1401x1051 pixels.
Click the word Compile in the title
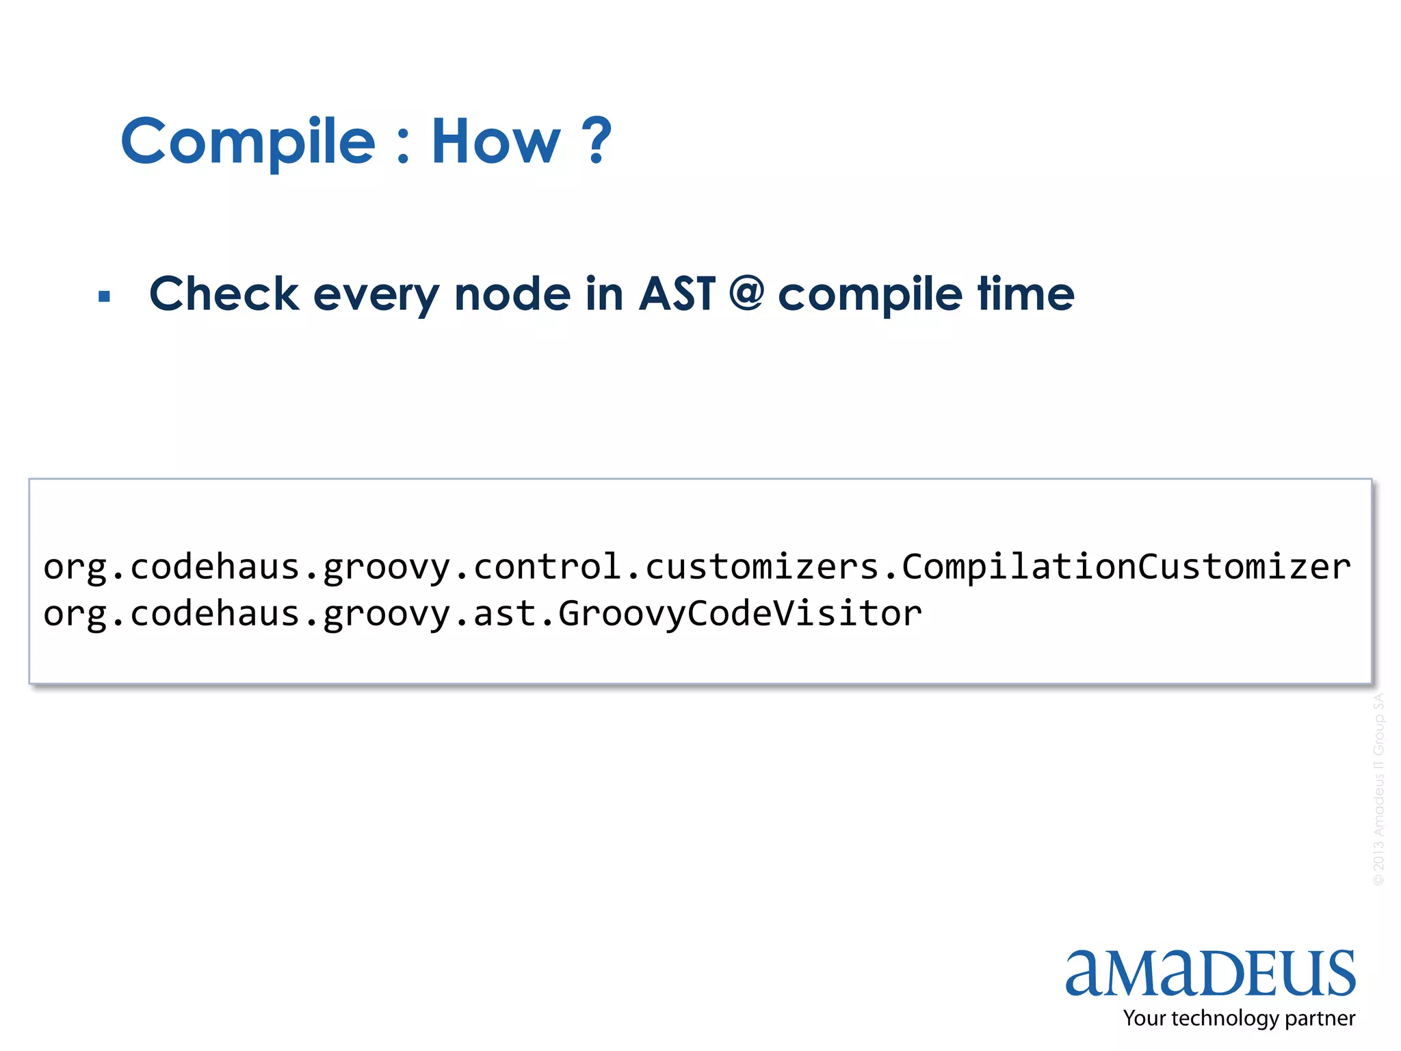248,142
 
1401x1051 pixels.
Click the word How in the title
495,142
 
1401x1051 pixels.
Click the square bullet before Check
104,296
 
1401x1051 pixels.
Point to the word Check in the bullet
224,294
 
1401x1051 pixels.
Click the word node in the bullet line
512,294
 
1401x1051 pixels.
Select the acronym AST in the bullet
677,294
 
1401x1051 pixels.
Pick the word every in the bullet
376,296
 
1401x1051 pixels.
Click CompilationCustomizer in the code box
1126,567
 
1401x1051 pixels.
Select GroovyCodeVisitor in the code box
739,613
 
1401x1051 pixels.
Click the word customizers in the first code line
761,567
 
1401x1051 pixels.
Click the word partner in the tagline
1320,1018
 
